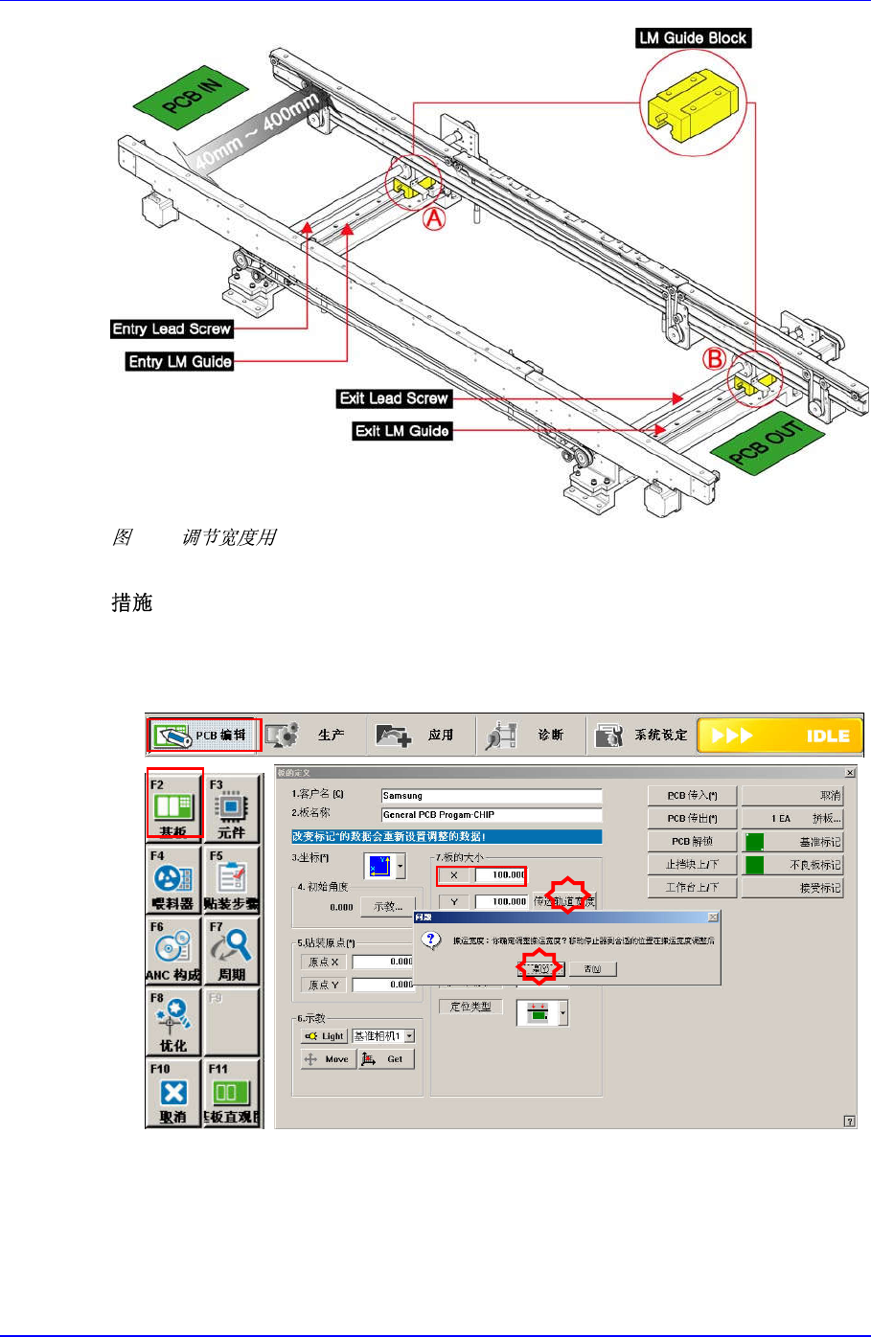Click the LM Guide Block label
(x=693, y=38)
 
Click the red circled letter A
(x=435, y=219)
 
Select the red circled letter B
(x=714, y=360)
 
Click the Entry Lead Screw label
(x=172, y=329)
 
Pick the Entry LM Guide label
(x=180, y=361)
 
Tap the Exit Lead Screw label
(x=394, y=398)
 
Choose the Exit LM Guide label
(x=401, y=431)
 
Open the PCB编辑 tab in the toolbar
(x=203, y=735)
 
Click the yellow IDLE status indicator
(x=780, y=736)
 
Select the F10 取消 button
(x=173, y=1093)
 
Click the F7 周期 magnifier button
(x=232, y=951)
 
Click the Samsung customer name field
(x=491, y=796)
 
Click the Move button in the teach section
(x=327, y=1059)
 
